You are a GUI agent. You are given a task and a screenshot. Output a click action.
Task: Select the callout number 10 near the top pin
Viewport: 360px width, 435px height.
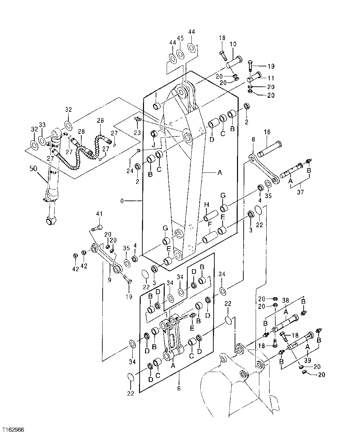(x=233, y=44)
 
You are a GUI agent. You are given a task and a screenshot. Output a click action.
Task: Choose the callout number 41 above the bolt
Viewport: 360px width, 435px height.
(x=99, y=214)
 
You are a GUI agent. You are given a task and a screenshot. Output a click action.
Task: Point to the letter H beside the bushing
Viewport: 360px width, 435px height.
(x=206, y=204)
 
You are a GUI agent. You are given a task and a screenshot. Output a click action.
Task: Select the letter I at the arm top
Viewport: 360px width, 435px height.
(x=156, y=95)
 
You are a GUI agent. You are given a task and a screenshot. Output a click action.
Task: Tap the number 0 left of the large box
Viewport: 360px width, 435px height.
(x=122, y=201)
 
